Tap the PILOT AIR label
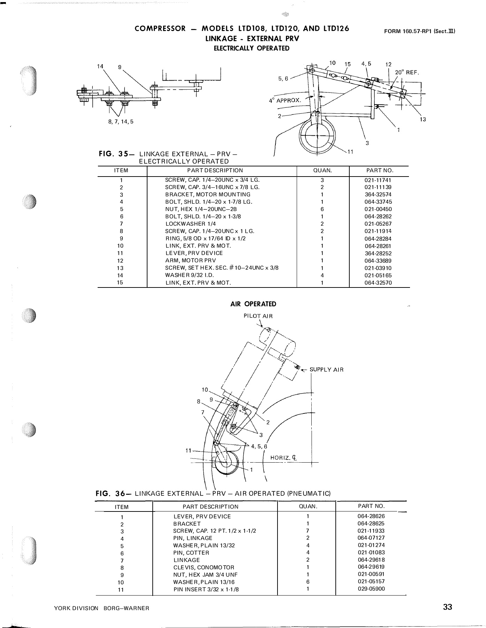(x=258, y=316)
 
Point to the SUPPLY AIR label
(x=326, y=370)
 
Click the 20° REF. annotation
(x=407, y=73)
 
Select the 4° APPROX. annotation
(x=284, y=100)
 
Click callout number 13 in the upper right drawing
(x=423, y=119)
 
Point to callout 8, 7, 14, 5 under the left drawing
(x=121, y=122)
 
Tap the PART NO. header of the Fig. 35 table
(x=380, y=171)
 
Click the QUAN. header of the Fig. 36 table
(x=306, y=506)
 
